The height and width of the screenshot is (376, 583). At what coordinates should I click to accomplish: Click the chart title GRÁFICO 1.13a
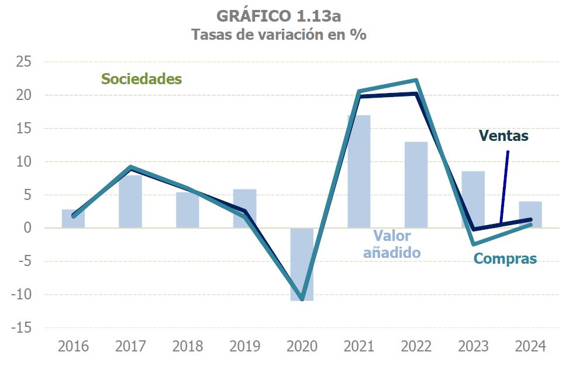point(278,15)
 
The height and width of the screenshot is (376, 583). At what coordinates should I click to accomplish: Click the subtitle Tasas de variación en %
point(278,34)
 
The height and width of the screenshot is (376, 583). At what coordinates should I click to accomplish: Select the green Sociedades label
point(141,79)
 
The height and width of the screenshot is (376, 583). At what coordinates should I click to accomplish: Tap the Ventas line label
point(503,136)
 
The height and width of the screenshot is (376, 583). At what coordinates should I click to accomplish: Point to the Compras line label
point(505,258)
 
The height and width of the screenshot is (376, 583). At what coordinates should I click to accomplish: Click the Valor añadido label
point(392,244)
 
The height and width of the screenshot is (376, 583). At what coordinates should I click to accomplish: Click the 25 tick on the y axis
point(25,62)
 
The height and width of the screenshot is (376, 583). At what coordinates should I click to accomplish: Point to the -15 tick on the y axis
point(22,328)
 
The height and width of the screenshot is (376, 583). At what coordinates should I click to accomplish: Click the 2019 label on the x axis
point(244,346)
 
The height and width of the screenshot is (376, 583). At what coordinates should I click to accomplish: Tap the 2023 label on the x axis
point(474,346)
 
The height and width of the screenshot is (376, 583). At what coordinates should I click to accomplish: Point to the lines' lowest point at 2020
point(302,299)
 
